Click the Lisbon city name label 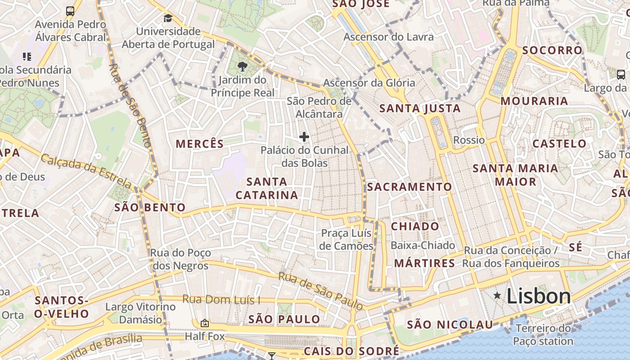tap(539, 296)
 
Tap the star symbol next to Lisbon tap(497, 296)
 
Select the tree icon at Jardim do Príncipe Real tap(243, 67)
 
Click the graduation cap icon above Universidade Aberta tap(168, 18)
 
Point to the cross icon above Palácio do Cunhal tap(304, 137)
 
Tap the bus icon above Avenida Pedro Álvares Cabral tap(70, 11)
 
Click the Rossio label tap(469, 140)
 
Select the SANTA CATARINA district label tap(267, 188)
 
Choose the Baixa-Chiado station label tap(423, 245)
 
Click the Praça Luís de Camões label tap(346, 239)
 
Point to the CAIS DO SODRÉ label tap(351, 351)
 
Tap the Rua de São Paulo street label tap(320, 291)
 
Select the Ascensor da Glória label tap(369, 83)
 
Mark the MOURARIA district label tap(534, 101)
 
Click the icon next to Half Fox tap(205, 323)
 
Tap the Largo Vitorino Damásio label tap(140, 313)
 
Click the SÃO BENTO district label tap(150, 207)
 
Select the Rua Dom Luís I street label tap(221, 300)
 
